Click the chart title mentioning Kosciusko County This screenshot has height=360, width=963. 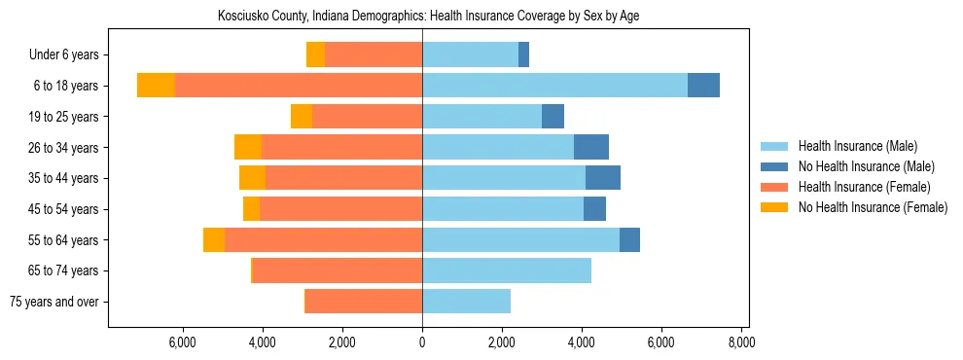tap(422, 17)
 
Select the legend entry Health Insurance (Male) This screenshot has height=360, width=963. tap(857, 146)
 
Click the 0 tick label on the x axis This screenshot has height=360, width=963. tap(422, 342)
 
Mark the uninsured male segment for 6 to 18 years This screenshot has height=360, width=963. tap(703, 86)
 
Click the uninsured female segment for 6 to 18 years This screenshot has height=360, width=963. tap(156, 86)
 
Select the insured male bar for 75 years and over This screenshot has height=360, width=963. tap(466, 302)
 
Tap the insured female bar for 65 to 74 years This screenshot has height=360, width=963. tap(337, 270)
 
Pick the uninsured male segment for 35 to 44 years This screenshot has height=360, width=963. tap(603, 178)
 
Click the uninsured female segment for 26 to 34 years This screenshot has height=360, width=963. tap(248, 147)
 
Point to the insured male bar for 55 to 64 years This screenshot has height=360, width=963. tap(520, 239)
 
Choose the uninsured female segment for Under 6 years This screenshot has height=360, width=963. tap(315, 54)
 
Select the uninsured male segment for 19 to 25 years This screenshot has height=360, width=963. tap(553, 117)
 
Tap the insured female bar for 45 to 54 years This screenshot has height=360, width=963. tap(340, 209)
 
